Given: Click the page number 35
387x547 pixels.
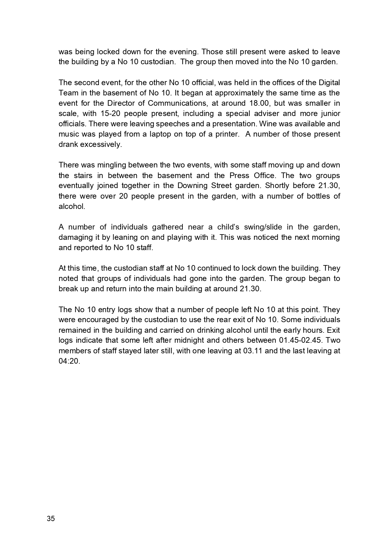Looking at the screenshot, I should pyautogui.click(x=51, y=519).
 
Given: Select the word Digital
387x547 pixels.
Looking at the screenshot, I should pyautogui.click(x=329, y=83).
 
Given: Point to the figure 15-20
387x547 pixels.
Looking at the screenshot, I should pyautogui.click(x=110, y=114).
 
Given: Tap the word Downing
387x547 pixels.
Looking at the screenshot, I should pyautogui.click(x=192, y=186).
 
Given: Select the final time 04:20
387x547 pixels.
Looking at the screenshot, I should pyautogui.click(x=69, y=361).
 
